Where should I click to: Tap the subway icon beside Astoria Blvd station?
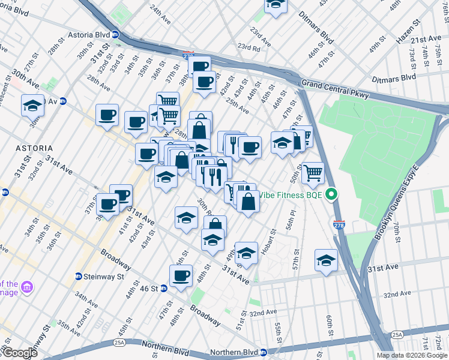pos(115,35)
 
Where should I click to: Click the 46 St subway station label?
pos(150,289)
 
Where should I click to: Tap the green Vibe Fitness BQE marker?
pos(331,194)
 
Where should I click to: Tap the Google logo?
pos(19,353)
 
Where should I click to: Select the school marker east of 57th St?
pos(326,260)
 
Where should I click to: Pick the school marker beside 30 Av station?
pos(32,106)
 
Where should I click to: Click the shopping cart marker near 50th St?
pos(313,173)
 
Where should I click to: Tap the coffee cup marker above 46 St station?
pos(181,276)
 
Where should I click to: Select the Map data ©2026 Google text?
pos(412,355)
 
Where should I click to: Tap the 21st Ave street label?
pos(426,39)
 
